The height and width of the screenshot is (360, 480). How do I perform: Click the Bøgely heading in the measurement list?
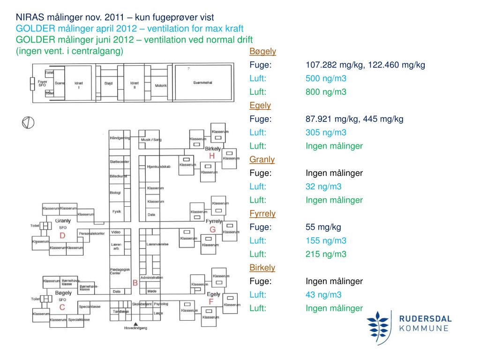(262, 52)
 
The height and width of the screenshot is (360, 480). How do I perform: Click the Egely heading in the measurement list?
(260, 105)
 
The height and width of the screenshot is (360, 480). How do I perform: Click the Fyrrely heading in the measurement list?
(262, 214)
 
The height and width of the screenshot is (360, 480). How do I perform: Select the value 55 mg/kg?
(323, 227)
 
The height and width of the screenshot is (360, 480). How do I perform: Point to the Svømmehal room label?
(202, 82)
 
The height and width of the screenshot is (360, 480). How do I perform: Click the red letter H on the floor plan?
(212, 156)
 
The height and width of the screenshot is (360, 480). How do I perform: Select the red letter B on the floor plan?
(135, 283)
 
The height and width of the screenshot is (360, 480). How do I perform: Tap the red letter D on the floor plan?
(62, 235)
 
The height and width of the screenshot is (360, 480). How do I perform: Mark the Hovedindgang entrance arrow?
(135, 324)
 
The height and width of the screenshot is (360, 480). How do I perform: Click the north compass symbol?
(28, 122)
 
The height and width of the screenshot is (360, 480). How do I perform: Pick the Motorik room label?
(161, 86)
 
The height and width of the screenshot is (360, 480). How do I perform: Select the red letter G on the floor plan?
(212, 229)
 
